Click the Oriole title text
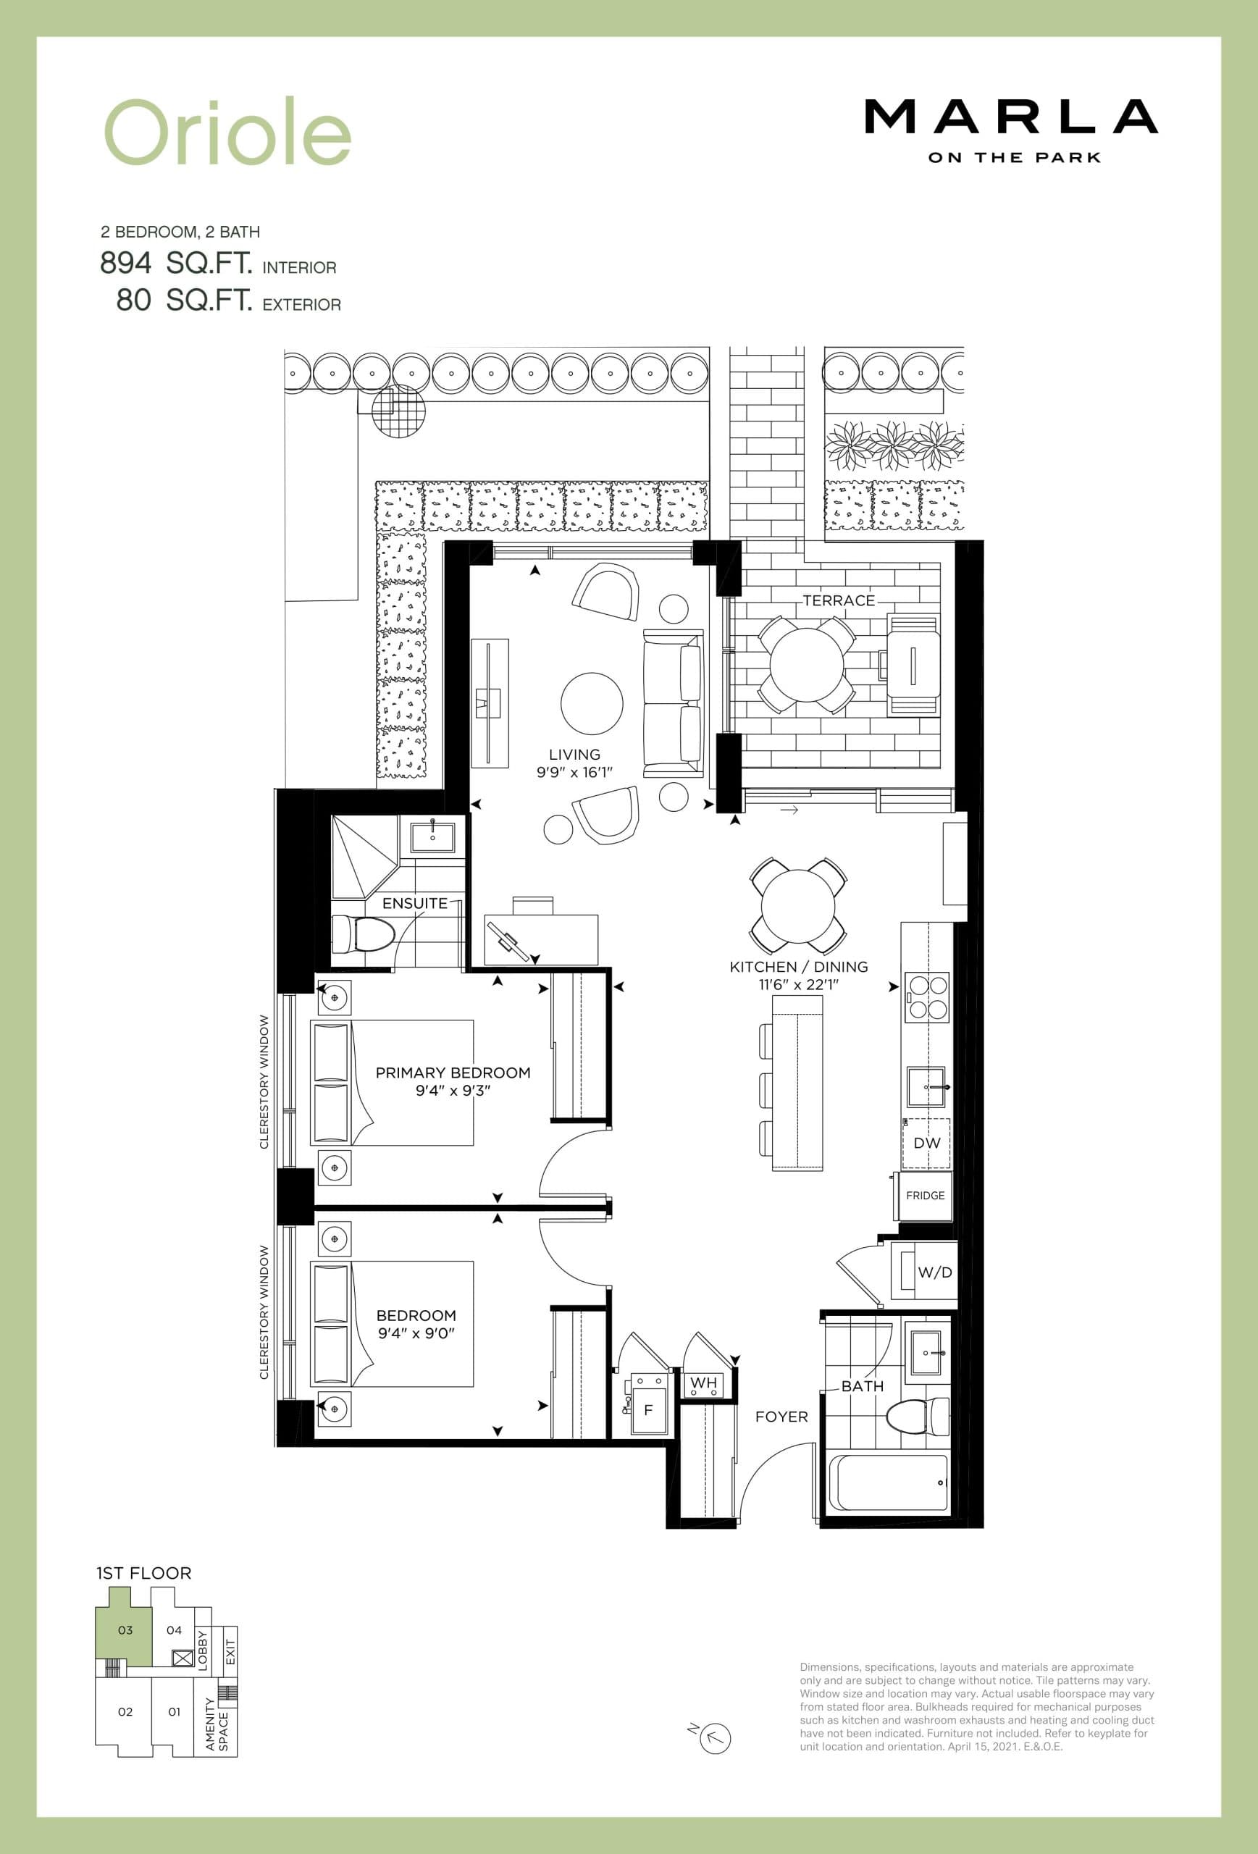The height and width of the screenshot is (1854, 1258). [x=227, y=132]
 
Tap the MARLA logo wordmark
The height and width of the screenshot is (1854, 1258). [x=1011, y=117]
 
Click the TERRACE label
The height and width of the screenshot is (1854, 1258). [x=839, y=600]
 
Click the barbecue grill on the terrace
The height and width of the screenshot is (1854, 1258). [x=913, y=665]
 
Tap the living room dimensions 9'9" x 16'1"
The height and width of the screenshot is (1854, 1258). [x=574, y=772]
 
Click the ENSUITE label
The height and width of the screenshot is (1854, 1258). [x=414, y=903]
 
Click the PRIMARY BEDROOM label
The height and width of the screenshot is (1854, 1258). [x=453, y=1073]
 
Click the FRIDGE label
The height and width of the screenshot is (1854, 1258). [x=926, y=1195]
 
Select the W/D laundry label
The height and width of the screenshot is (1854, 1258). [x=934, y=1272]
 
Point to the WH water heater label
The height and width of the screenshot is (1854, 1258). [x=703, y=1383]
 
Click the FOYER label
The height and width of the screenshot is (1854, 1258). [x=781, y=1417]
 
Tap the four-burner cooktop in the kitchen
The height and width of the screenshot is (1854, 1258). [x=926, y=997]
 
